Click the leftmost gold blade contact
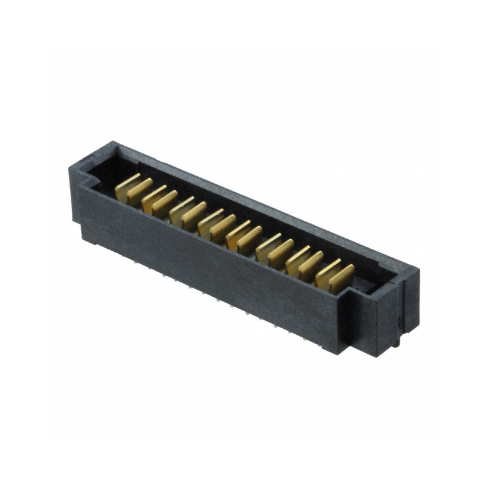(126, 186)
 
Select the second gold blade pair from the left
(160, 201)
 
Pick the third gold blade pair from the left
(188, 213)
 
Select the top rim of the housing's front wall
(213, 235)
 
